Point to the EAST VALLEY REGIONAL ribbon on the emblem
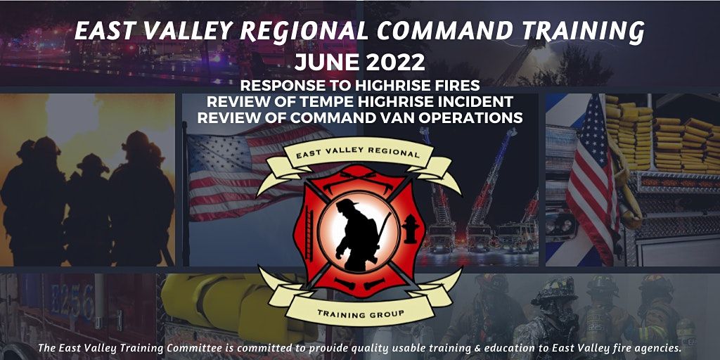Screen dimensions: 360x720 pos(359,150)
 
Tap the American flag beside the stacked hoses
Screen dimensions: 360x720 pos(592,179)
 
